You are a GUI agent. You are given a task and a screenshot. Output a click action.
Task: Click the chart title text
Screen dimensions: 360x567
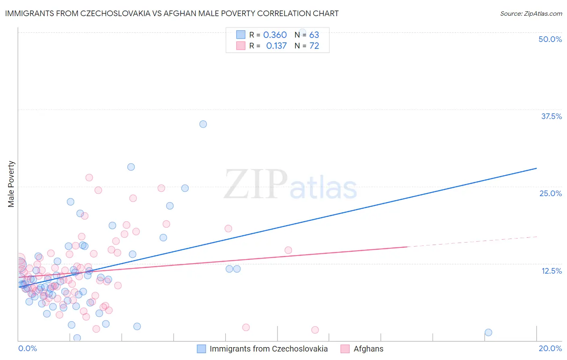[172, 13]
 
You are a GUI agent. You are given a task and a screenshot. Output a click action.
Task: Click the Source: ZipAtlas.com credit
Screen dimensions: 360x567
[531, 13]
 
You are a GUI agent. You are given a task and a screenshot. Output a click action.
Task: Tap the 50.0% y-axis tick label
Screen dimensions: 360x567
[550, 39]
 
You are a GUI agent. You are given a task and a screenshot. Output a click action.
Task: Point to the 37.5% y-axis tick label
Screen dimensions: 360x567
[551, 116]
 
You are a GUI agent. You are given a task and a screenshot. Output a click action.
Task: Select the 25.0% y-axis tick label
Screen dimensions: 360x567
[550, 193]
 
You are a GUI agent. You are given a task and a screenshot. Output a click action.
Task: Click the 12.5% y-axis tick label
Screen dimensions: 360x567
[551, 271]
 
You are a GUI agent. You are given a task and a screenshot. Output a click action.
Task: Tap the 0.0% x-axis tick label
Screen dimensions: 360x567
[27, 348]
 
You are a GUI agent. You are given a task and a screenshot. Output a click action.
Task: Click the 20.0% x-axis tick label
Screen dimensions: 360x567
[550, 348]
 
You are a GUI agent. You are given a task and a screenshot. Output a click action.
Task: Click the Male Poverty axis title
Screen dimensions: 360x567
[11, 184]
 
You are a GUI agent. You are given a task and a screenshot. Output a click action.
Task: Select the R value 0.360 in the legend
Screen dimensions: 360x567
[275, 35]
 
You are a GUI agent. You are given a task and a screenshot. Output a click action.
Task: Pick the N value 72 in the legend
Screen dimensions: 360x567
[314, 46]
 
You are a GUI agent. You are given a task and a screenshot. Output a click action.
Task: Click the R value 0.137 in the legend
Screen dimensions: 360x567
[276, 46]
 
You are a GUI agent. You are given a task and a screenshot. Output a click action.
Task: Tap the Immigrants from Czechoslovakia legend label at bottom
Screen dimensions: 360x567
[269, 349]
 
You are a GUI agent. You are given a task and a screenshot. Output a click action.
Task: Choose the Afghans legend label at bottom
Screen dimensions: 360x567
[368, 349]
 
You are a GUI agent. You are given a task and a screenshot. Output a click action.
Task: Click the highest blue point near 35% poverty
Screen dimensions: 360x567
[203, 124]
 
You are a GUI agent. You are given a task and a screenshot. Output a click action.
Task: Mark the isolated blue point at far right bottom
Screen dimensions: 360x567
[488, 333]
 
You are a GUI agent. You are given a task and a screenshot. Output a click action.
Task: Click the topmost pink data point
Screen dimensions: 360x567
[89, 178]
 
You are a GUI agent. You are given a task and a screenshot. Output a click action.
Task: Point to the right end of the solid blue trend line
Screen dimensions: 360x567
[536, 168]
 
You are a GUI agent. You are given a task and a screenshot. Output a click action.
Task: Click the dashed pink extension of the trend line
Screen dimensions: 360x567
[472, 242]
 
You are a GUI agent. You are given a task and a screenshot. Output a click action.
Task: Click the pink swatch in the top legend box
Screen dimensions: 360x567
[241, 46]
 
